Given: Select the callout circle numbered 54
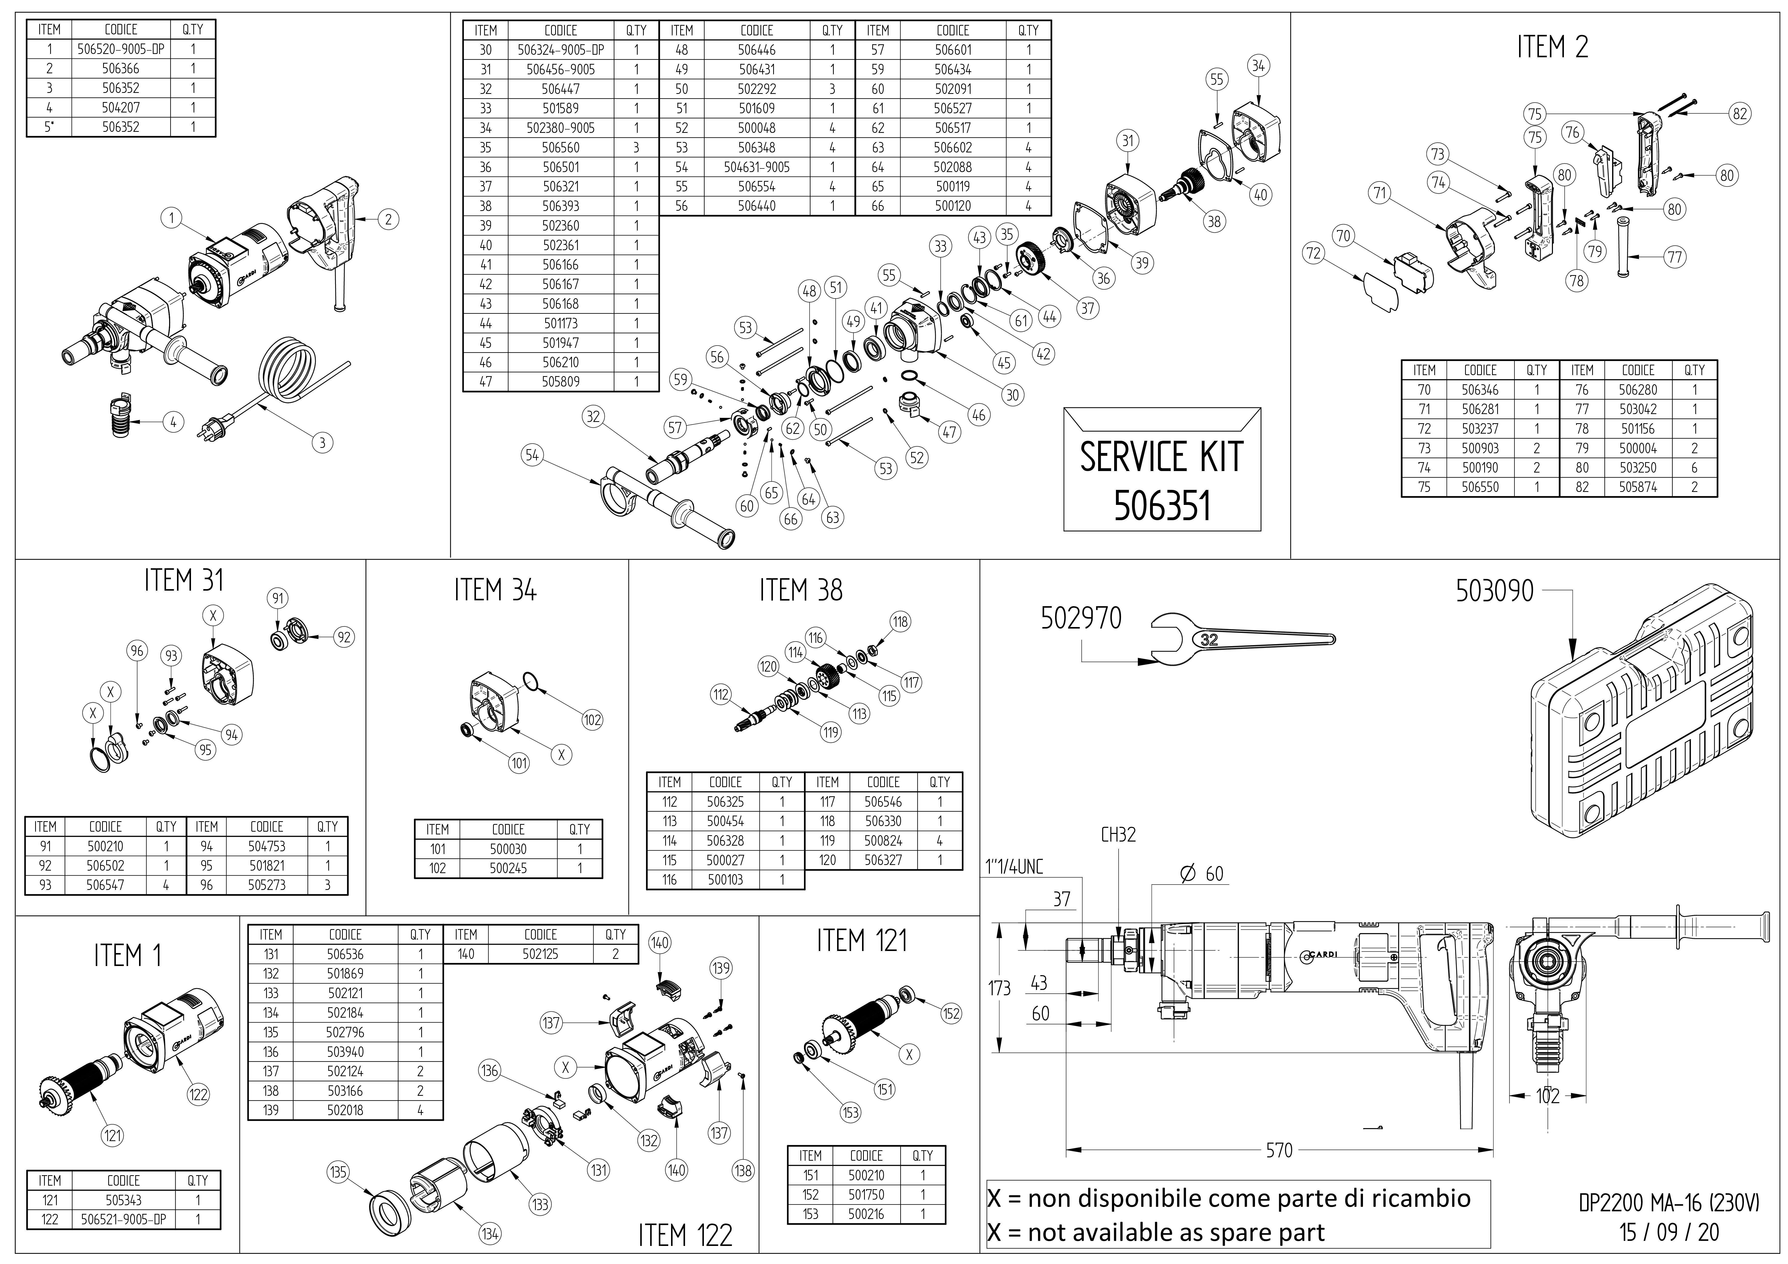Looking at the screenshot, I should tap(532, 455).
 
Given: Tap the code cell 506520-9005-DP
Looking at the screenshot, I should tap(121, 49).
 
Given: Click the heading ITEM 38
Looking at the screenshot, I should tap(801, 591).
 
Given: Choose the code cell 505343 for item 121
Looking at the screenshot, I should tap(123, 1200).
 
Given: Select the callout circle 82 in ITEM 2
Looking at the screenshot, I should tap(1740, 114).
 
